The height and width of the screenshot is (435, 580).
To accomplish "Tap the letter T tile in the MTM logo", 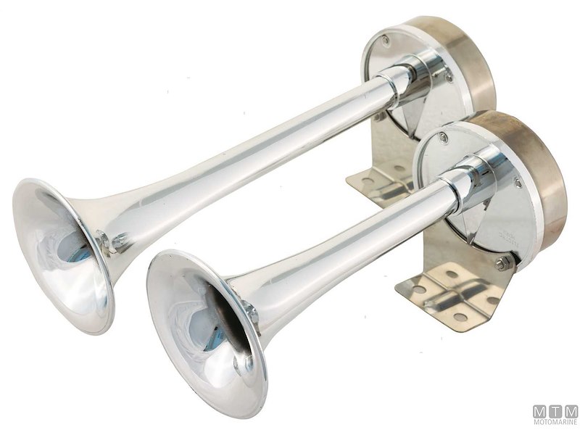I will [x=555, y=411].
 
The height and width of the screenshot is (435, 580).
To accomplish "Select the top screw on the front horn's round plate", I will [x=443, y=138].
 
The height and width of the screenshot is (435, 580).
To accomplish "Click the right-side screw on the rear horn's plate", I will [x=449, y=75].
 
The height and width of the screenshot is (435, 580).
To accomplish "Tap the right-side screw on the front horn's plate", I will [x=518, y=183].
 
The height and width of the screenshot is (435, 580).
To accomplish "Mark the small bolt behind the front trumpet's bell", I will [x=251, y=310].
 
